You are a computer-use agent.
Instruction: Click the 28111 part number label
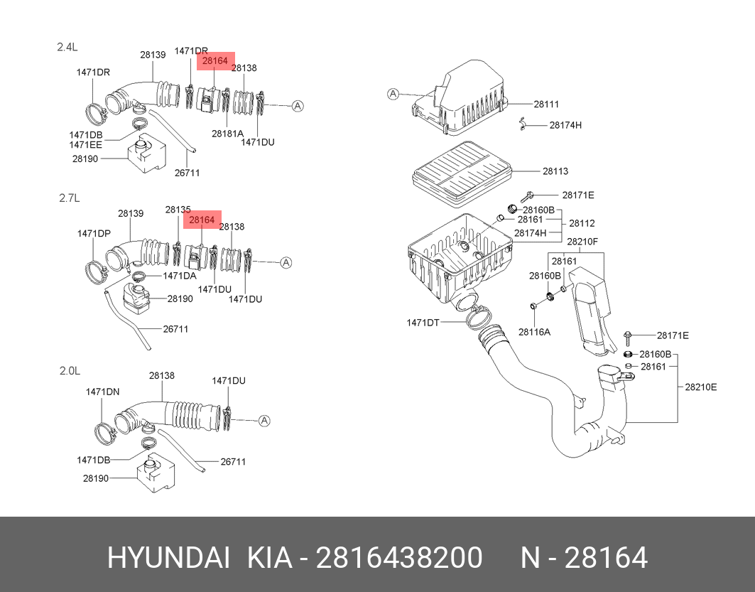pos(546,104)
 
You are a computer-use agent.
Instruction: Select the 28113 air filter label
pos(555,171)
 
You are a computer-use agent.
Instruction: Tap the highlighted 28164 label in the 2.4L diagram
pos(214,61)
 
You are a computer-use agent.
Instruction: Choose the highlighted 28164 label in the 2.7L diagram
pos(202,220)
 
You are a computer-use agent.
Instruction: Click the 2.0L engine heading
pos(70,370)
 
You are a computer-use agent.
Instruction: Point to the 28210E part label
pos(700,387)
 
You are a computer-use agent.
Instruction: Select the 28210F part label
pos(582,242)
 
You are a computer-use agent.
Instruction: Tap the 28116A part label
pos(534,331)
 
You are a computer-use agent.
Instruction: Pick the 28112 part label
pos(582,223)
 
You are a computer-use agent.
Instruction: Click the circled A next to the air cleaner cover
pos(394,94)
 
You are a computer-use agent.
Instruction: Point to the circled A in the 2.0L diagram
pos(265,421)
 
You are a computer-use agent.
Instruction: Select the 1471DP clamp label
pos(94,233)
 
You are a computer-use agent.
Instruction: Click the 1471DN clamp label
pos(102,392)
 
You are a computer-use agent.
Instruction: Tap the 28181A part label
pos(227,133)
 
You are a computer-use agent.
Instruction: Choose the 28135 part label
pos(178,210)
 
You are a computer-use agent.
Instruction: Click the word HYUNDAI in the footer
pos(168,558)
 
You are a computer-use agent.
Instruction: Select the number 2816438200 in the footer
pos(398,558)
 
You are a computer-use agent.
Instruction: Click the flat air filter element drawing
pos(460,171)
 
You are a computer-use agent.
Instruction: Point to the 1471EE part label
pos(86,145)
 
